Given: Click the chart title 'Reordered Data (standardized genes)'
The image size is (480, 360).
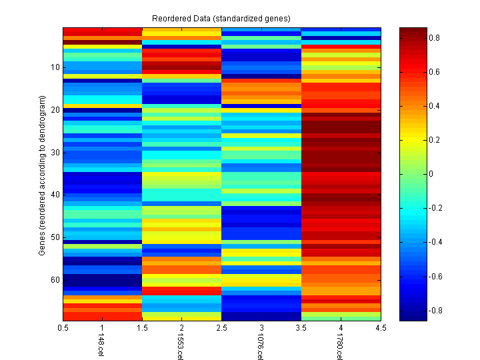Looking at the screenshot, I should click(221, 17).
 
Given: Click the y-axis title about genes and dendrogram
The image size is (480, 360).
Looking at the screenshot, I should click(42, 175).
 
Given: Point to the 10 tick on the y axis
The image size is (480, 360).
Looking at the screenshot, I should click(55, 67).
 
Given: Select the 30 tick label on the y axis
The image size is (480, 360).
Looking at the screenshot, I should click(55, 152).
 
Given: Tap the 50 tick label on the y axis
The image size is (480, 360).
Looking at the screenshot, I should click(55, 237).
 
